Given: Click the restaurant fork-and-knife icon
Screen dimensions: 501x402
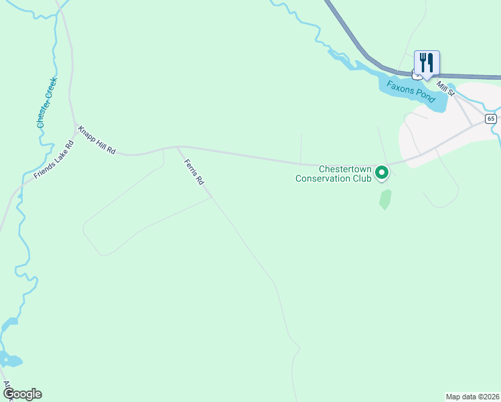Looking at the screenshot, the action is point(427,63).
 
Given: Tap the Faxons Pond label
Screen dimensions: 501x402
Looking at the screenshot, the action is point(411,91).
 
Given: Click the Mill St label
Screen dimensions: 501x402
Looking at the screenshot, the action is point(445,87).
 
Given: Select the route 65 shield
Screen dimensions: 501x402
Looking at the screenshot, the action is point(491,119).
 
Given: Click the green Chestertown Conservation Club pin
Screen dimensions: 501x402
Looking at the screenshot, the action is point(382,173).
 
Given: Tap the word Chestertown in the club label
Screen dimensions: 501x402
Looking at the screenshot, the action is point(344,170).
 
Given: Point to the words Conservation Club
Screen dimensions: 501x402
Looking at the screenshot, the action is point(334,179).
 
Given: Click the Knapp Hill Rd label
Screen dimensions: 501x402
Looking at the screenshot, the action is point(97,140).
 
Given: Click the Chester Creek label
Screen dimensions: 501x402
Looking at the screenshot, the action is point(47,103).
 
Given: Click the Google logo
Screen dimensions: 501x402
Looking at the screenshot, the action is point(22,394).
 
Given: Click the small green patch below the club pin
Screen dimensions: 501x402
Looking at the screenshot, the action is point(385,199).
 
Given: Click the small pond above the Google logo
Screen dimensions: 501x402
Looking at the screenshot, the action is point(11,360).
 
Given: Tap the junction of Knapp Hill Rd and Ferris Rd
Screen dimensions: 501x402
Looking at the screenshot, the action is point(177,147).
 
